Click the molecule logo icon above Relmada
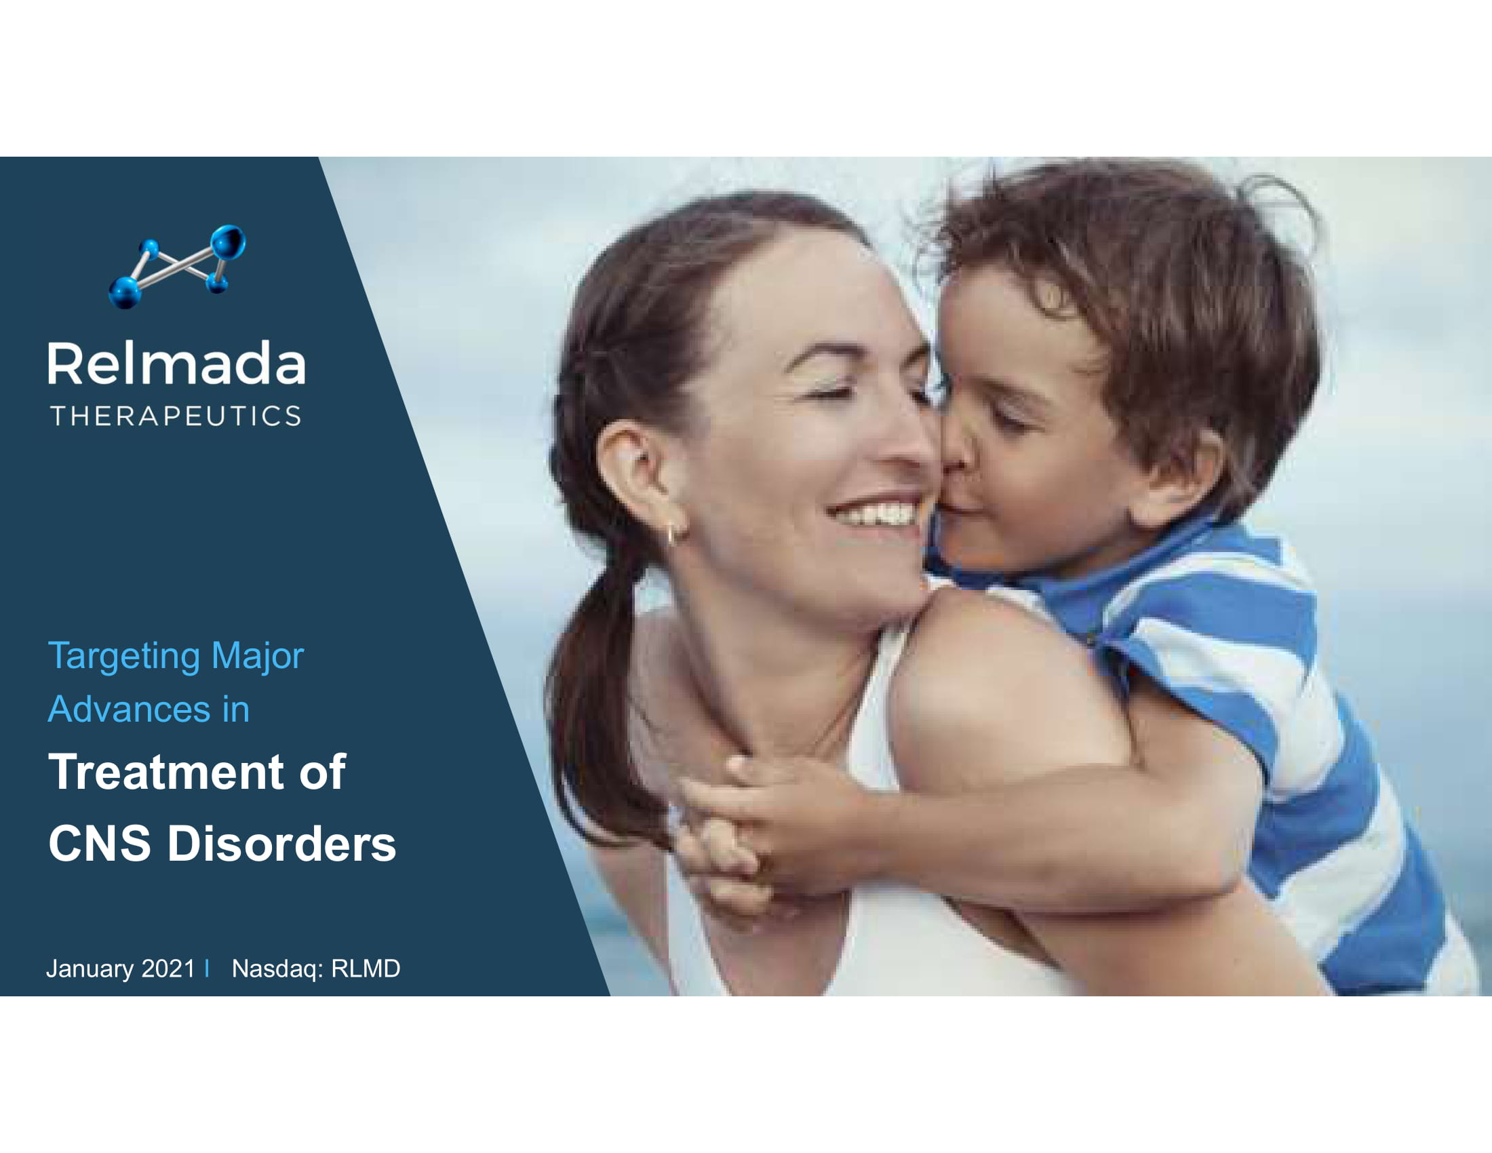click(177, 267)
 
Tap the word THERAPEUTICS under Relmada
click(176, 416)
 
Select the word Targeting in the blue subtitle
click(123, 657)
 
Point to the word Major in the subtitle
click(258, 657)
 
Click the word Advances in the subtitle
click(129, 709)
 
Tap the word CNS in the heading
click(100, 843)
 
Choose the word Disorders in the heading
click(281, 843)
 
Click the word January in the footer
click(90, 969)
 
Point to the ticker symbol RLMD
click(366, 969)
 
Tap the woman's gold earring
click(671, 534)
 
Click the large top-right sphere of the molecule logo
click(227, 243)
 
